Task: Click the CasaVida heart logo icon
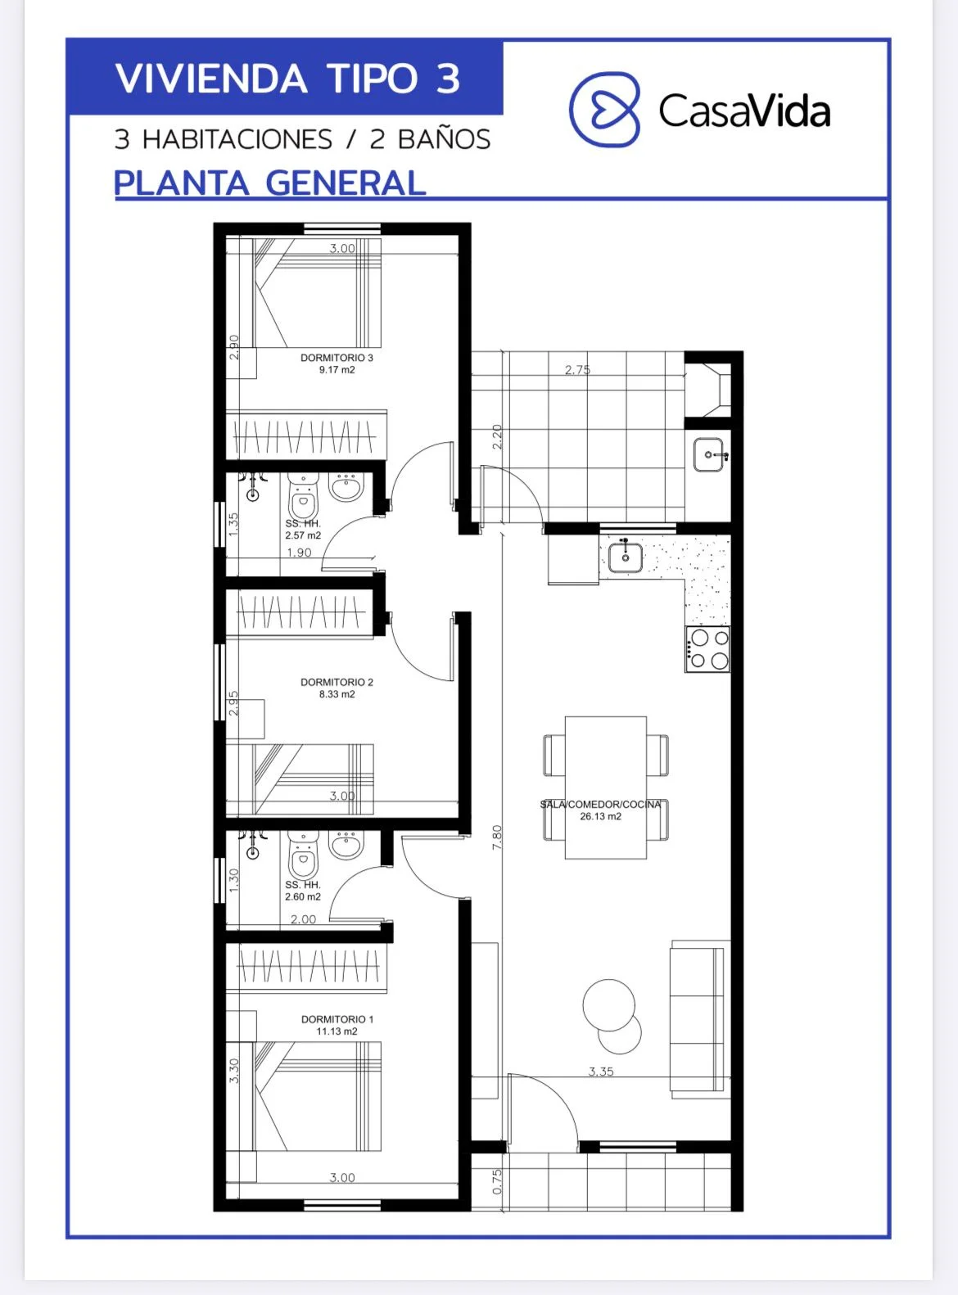click(604, 109)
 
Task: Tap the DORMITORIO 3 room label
click(337, 358)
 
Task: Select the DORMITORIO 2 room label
click(337, 682)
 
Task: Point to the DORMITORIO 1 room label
click(337, 1019)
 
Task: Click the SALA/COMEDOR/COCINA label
click(600, 805)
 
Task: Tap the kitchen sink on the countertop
click(625, 556)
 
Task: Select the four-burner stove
click(707, 649)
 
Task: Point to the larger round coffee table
click(608, 1005)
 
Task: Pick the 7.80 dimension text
click(497, 837)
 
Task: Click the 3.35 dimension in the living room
click(600, 1072)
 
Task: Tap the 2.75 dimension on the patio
click(577, 369)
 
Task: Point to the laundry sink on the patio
click(709, 454)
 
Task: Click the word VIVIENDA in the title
click(211, 79)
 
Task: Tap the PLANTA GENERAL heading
click(270, 183)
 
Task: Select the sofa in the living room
click(700, 1019)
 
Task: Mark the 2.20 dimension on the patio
click(497, 436)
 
